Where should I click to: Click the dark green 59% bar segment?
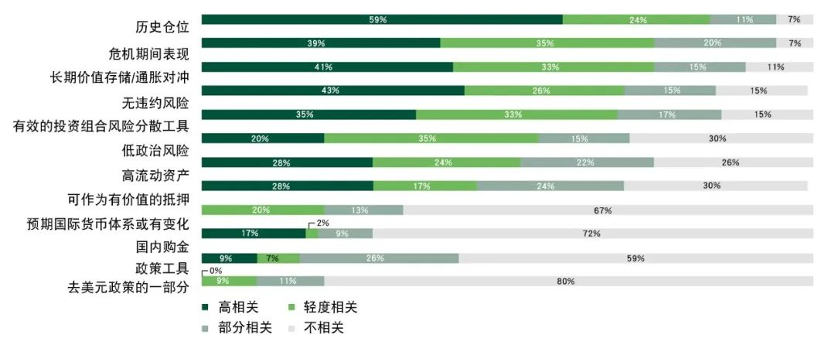[x=382, y=19]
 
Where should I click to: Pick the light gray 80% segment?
[x=568, y=281]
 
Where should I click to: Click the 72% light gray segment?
[x=592, y=234]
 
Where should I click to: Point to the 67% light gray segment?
[x=608, y=210]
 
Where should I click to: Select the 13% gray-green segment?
[x=363, y=210]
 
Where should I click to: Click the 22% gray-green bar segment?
[x=587, y=162]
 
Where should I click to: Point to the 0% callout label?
[x=213, y=271]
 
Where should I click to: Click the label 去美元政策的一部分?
[x=128, y=287]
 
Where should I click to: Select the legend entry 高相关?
[x=232, y=307]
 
